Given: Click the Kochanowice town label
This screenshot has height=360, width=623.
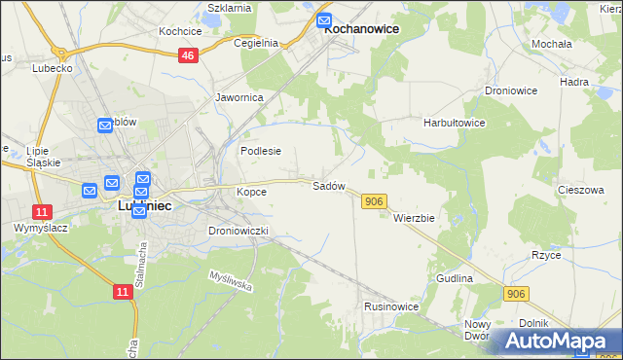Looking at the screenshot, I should point(361,29).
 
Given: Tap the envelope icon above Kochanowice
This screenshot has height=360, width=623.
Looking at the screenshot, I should point(325,20).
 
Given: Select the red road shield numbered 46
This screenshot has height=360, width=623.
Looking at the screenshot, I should point(189,56).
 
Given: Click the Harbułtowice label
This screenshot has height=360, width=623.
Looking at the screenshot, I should point(454,124).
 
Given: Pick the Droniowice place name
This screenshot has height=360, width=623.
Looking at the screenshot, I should point(511,90).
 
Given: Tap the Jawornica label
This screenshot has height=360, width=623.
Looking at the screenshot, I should point(238,98).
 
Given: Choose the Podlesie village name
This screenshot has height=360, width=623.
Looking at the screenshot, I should point(261,151).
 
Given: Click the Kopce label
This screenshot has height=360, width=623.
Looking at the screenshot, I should point(251,192).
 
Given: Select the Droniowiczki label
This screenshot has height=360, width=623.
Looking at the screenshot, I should point(238,231).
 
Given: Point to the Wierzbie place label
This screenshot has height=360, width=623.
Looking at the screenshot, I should point(413,218).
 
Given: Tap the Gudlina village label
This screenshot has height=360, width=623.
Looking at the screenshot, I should point(455,278).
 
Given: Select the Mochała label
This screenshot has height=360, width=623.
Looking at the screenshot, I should point(551,45).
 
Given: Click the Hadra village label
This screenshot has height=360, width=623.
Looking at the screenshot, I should point(575,82).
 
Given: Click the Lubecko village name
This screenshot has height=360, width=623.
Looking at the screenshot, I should point(53,69).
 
